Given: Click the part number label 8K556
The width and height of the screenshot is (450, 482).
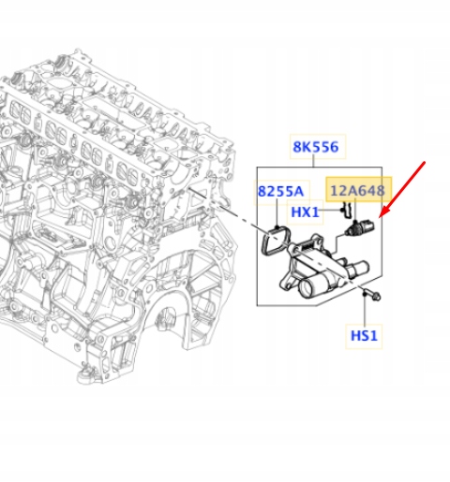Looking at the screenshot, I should pyautogui.click(x=316, y=147).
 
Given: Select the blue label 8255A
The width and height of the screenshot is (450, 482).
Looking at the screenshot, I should pyautogui.click(x=281, y=192).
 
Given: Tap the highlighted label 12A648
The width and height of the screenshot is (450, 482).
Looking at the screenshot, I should pyautogui.click(x=356, y=191).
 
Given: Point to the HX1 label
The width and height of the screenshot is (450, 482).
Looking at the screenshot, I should pyautogui.click(x=306, y=212).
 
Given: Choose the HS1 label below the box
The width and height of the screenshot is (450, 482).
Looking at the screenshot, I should pyautogui.click(x=364, y=334).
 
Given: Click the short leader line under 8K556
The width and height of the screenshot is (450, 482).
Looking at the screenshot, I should pyautogui.click(x=316, y=162).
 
